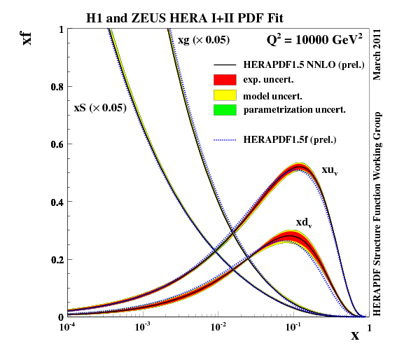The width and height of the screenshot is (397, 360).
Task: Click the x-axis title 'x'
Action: pyautogui.click(x=355, y=335)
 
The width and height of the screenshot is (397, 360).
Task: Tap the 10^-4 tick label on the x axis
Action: pyautogui.click(x=68, y=327)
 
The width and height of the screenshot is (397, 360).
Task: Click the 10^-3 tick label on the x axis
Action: pyautogui.click(x=143, y=327)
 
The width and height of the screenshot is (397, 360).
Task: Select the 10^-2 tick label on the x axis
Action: pyautogui.click(x=218, y=327)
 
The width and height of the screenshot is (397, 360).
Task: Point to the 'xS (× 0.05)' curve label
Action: pyautogui.click(x=100, y=109)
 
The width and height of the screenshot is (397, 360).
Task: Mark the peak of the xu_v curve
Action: pyautogui.click(x=300, y=166)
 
